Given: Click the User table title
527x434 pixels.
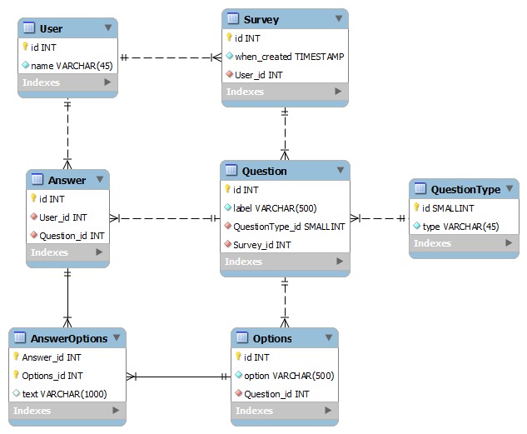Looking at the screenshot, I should tap(51, 28).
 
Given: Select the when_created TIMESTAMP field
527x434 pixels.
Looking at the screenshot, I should tap(289, 56).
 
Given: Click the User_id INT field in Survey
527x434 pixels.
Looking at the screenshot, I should tap(258, 74).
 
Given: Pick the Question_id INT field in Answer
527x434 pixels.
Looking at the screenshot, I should tap(72, 235).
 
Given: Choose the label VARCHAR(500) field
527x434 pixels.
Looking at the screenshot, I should tap(275, 207).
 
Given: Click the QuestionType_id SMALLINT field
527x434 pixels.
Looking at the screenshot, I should tap(289, 226).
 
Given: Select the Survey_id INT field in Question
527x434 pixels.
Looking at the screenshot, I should tap(261, 244).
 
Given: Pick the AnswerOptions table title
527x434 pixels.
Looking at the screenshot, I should tap(69, 338).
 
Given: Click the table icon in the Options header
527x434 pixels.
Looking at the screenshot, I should tap(242, 338).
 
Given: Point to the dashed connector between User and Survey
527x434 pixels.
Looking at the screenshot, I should tap(170, 57).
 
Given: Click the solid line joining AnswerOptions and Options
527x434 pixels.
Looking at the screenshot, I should tap(178, 377).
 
